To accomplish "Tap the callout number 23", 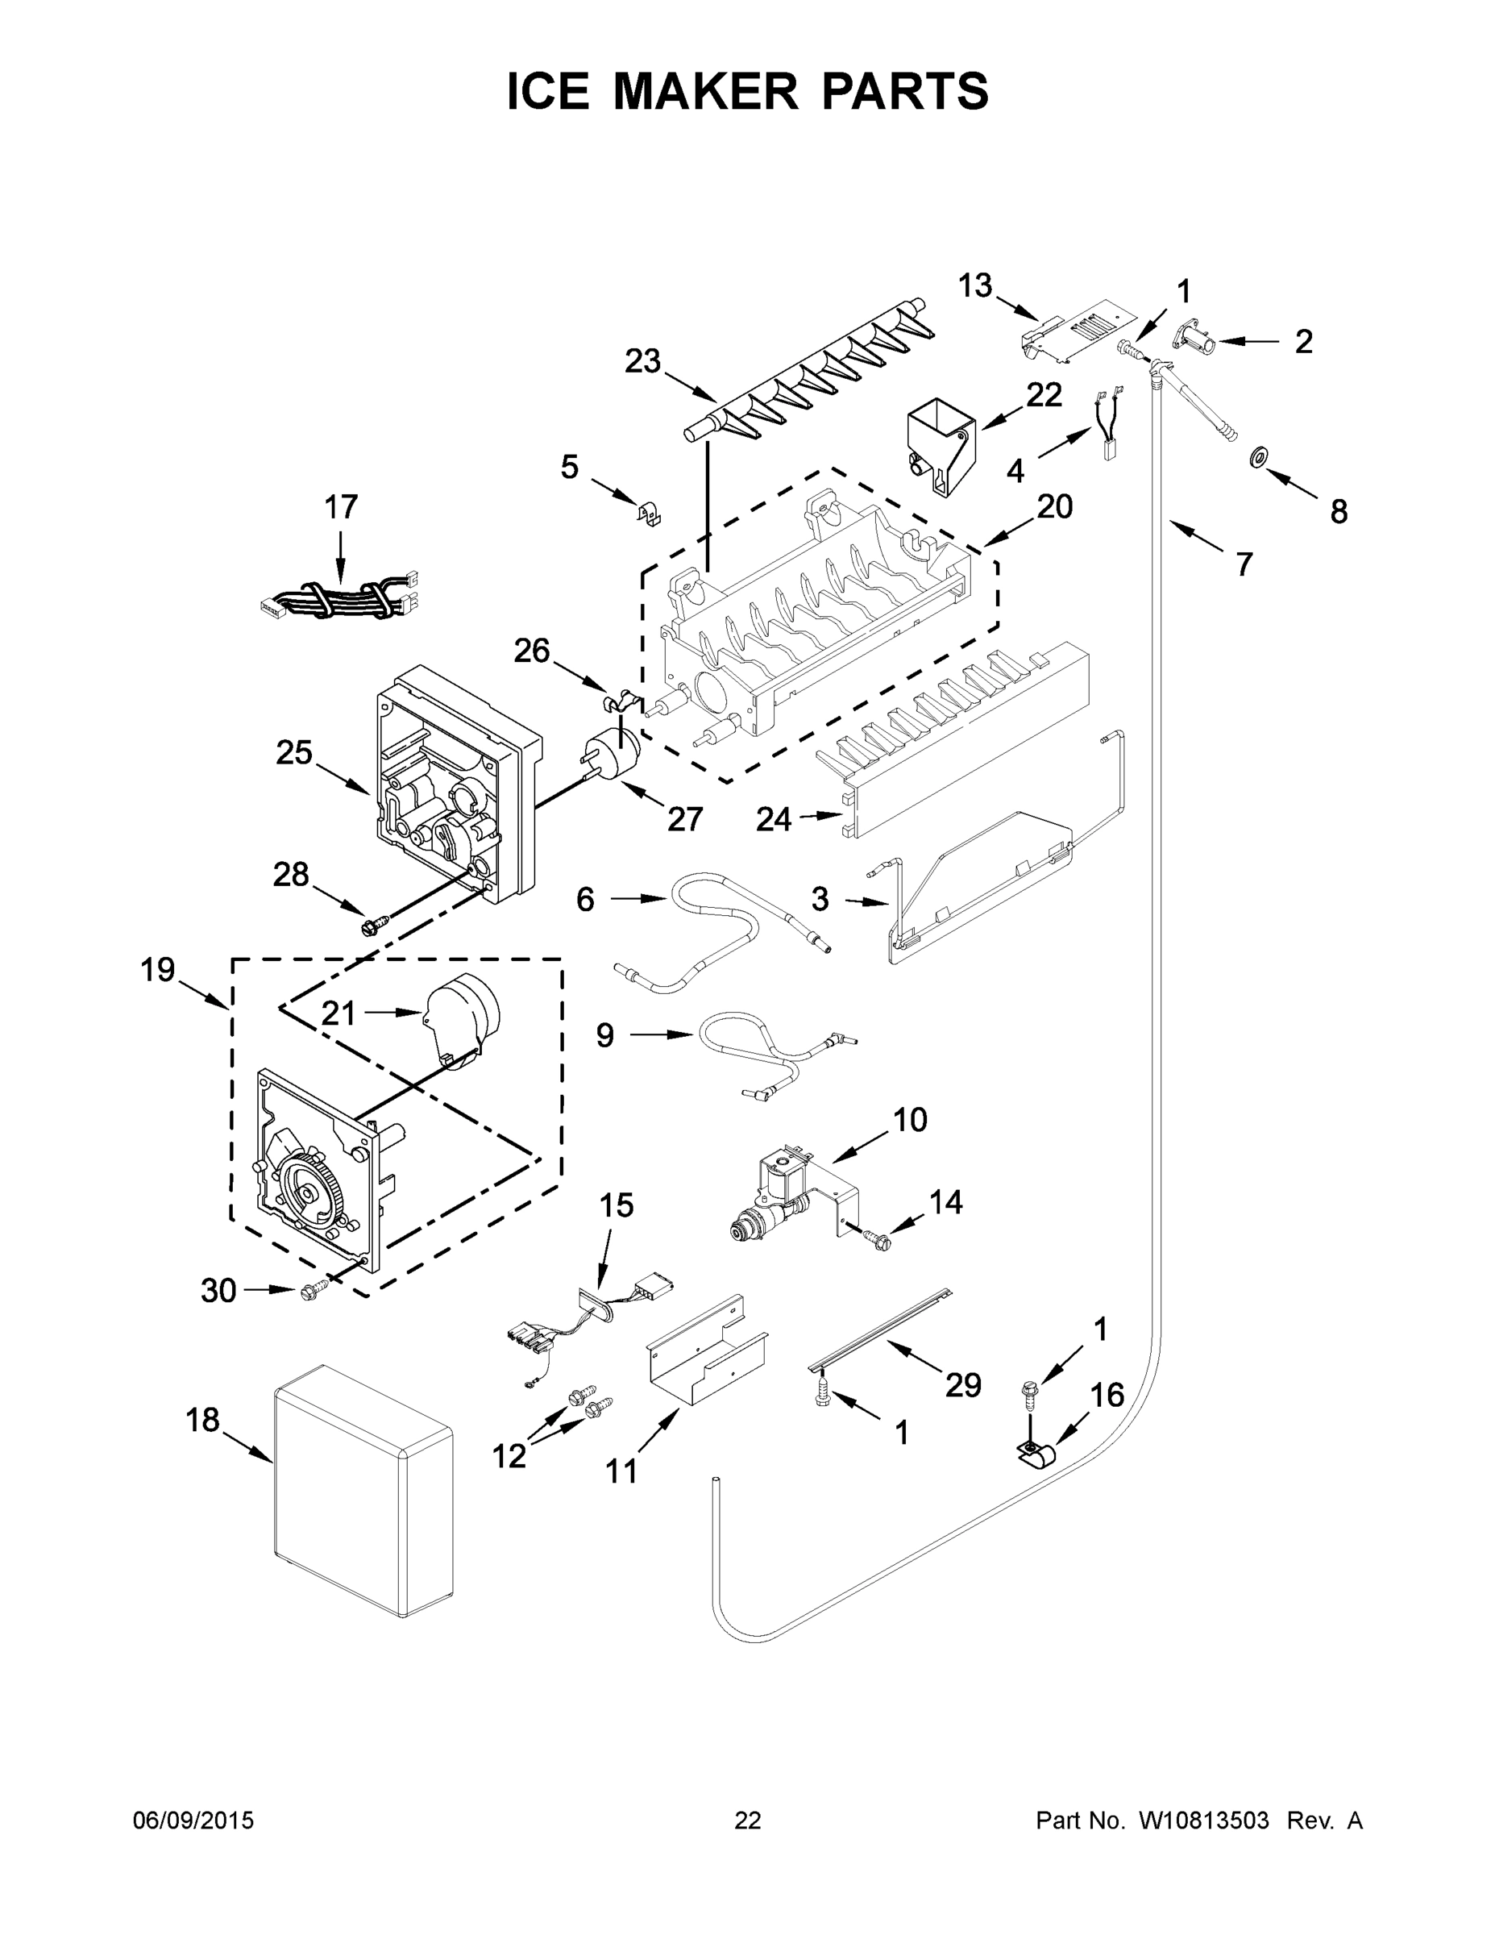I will pyautogui.click(x=643, y=361).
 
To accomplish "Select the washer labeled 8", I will pyautogui.click(x=1256, y=458).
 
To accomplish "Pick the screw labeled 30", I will pyautogui.click(x=310, y=1292).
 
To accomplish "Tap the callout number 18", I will pyautogui.click(x=202, y=1421).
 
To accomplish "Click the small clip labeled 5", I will pyautogui.click(x=650, y=513).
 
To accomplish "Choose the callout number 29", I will pyautogui.click(x=963, y=1385).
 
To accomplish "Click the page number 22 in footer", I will pyautogui.click(x=748, y=1821).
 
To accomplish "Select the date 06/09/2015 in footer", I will pyautogui.click(x=193, y=1821).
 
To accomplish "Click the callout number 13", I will pyautogui.click(x=975, y=286).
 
